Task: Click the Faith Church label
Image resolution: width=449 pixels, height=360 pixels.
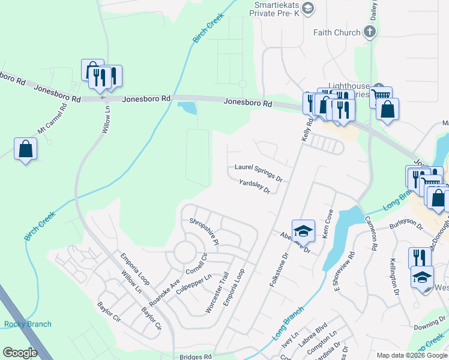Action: [x=337, y=32]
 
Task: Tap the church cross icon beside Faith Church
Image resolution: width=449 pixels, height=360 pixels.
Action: [x=370, y=32]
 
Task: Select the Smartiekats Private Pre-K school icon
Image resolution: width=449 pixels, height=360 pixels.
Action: [x=308, y=8]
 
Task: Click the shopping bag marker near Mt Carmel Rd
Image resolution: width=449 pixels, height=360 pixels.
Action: [x=26, y=148]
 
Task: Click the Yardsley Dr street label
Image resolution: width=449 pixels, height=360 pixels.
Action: [x=255, y=187]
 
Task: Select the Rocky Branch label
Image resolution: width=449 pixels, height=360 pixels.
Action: [x=28, y=324]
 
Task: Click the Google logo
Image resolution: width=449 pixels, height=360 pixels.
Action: [x=20, y=353]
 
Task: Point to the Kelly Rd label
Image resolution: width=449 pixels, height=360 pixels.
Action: [x=308, y=129]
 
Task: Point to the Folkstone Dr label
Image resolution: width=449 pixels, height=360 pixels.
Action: [x=279, y=269]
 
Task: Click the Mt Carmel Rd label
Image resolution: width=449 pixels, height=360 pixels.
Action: [x=50, y=122]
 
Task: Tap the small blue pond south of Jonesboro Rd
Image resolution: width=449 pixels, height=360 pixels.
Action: [x=187, y=109]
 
